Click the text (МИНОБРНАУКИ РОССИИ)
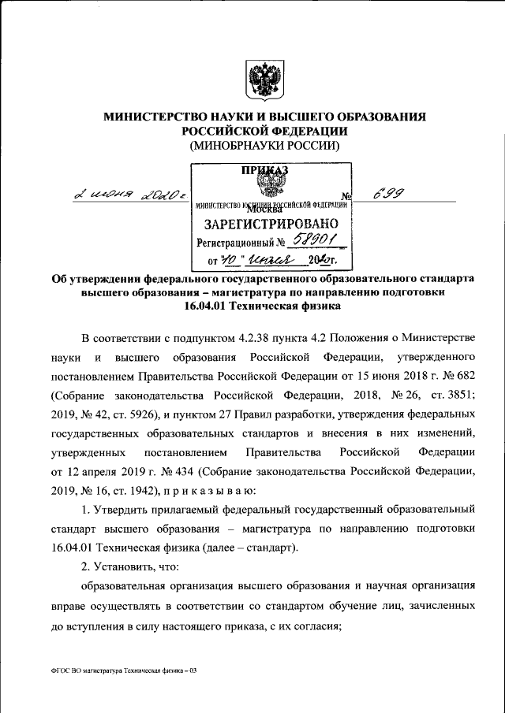[264, 147]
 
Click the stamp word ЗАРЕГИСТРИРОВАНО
[271, 224]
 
